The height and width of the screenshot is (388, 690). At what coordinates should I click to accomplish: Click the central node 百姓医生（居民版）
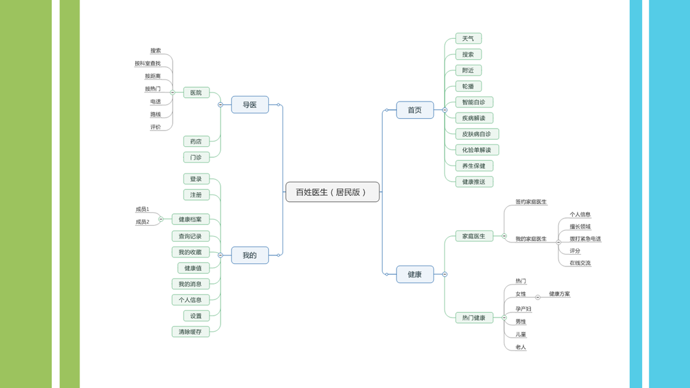332,192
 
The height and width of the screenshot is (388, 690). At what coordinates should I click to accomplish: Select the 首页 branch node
415,111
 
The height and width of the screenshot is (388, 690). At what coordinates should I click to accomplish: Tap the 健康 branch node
415,274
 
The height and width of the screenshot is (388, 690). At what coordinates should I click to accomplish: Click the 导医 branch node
250,105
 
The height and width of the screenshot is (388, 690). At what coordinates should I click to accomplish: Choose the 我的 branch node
250,255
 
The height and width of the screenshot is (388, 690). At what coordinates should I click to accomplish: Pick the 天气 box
468,39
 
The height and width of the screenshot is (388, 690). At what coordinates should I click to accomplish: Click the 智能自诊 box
474,102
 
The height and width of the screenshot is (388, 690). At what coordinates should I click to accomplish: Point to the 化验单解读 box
477,150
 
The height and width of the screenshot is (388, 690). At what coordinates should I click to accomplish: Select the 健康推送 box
474,182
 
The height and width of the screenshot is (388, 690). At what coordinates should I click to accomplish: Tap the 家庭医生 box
474,236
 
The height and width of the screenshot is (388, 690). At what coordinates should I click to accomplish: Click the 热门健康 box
474,318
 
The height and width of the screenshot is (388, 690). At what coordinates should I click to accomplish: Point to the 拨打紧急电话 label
585,239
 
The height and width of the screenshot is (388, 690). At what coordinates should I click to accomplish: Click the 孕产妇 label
523,309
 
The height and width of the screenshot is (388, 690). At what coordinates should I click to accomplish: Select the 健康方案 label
559,294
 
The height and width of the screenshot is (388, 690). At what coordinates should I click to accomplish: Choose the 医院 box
196,92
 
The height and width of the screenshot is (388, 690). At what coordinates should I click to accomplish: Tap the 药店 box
196,141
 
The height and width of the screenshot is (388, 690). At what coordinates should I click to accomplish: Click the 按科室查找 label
147,63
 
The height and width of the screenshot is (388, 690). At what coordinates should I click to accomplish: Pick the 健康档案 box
190,219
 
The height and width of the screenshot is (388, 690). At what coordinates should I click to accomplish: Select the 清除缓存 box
190,332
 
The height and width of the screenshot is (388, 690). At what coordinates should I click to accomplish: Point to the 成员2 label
142,222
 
